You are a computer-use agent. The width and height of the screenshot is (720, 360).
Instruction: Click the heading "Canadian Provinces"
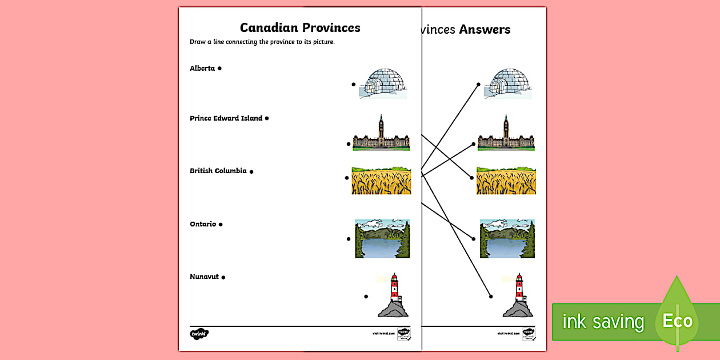point(300,27)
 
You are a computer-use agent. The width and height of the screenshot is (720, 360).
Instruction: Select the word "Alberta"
point(202,69)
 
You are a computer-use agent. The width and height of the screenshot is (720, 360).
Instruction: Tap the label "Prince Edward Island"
point(226,118)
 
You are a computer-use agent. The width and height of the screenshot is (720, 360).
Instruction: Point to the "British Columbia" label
point(218,171)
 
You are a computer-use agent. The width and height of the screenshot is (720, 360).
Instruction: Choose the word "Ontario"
point(203,224)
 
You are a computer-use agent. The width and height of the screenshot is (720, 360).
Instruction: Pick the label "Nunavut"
point(204,277)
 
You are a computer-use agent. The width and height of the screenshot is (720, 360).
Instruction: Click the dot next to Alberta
point(220,69)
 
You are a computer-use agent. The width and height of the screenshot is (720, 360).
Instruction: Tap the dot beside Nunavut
point(223,277)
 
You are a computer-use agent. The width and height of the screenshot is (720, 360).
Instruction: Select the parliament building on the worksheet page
point(381,134)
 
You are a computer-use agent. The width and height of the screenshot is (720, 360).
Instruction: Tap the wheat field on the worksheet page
point(381,181)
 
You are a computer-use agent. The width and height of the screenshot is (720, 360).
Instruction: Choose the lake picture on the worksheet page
point(382,238)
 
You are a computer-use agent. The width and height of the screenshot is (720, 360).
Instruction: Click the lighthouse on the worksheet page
point(393,295)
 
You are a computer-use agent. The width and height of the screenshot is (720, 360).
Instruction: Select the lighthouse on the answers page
point(518,295)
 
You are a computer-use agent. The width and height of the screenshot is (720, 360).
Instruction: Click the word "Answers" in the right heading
point(485,29)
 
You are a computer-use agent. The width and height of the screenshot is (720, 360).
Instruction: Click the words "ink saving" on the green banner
point(603,322)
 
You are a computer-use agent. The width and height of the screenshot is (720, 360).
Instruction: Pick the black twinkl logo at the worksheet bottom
point(199,333)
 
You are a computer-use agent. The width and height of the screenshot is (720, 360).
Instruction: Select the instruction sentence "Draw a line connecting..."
point(262,42)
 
